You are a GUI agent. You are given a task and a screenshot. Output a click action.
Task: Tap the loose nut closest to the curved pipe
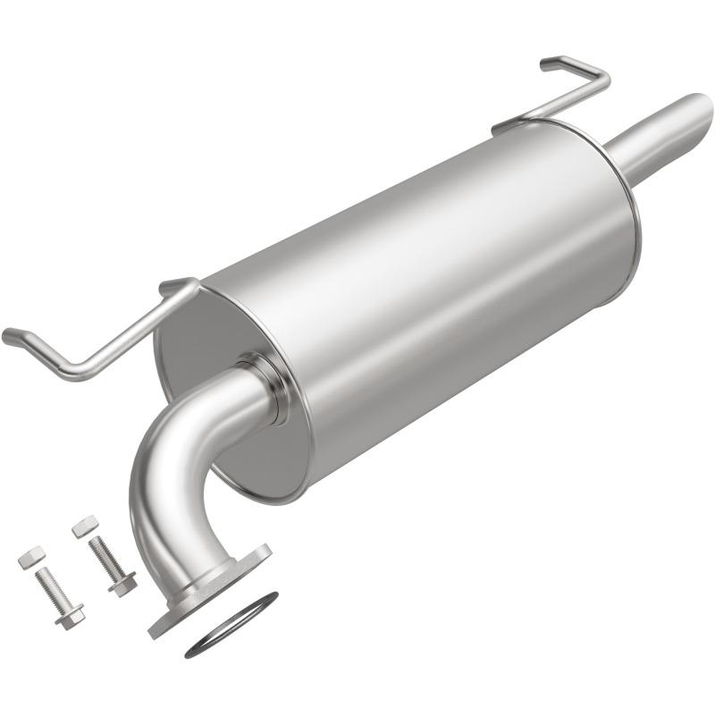click(85, 526)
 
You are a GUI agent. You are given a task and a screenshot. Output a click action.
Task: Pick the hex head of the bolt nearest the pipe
click(122, 585)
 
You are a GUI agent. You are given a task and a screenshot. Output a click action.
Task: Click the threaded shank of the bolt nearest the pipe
click(105, 556)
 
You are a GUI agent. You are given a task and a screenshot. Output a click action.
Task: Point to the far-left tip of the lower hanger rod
click(9, 337)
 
